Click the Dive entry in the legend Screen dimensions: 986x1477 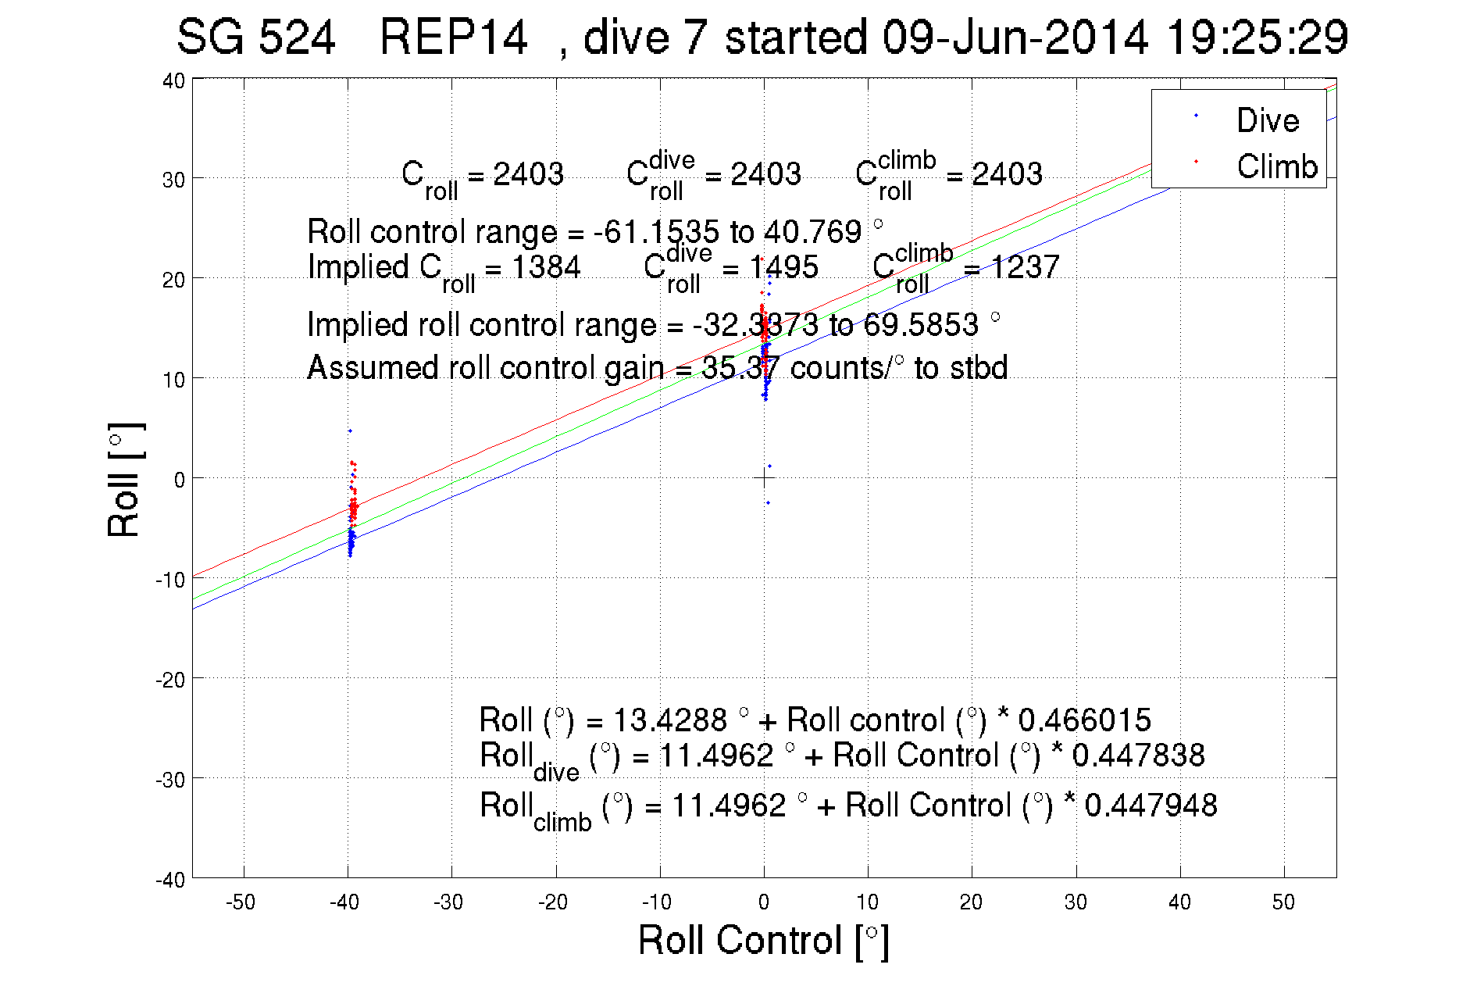click(x=1267, y=120)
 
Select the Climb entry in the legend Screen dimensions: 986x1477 click(x=1276, y=166)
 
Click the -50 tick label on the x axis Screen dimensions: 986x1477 click(x=241, y=902)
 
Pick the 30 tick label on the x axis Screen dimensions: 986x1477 click(x=1076, y=902)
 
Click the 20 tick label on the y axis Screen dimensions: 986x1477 click(x=173, y=280)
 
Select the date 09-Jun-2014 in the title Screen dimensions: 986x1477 click(x=1015, y=37)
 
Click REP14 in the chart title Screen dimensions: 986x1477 click(x=453, y=37)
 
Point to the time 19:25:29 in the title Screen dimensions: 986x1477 click(x=1257, y=37)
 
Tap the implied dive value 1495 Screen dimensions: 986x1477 click(x=783, y=267)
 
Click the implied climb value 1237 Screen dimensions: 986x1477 click(x=1025, y=267)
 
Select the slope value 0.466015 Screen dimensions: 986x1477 click(x=1084, y=720)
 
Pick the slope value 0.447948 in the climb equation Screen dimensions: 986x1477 click(x=1151, y=805)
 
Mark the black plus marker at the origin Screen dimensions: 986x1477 click(x=765, y=477)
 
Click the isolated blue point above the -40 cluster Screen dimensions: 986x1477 click(x=350, y=430)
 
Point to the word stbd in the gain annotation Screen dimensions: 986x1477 click(x=979, y=367)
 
